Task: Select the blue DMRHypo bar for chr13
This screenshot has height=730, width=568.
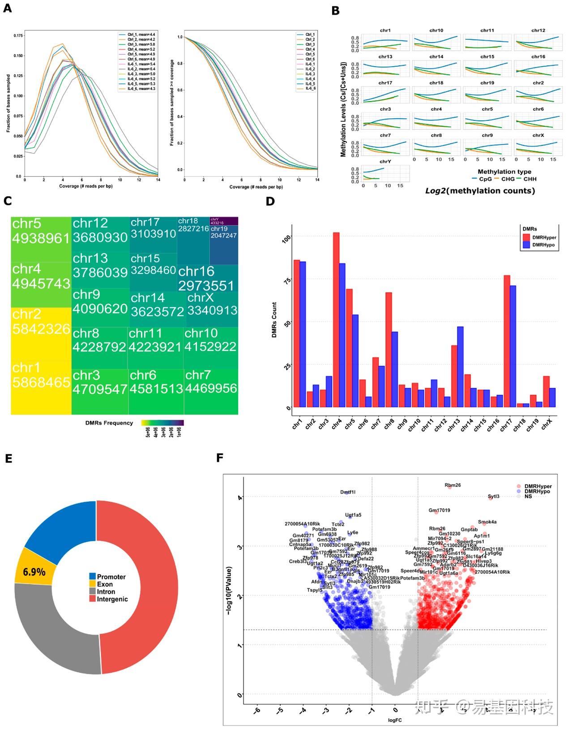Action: [x=460, y=367]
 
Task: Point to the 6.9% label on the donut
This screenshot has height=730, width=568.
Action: [x=34, y=572]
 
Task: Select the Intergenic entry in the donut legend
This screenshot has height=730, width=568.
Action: [x=112, y=599]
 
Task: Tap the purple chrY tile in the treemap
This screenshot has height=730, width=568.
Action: [x=224, y=221]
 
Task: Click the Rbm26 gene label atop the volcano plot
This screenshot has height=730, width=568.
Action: [x=453, y=485]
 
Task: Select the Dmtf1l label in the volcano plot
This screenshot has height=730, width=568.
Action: [x=348, y=492]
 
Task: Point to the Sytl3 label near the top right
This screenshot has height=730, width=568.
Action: [x=493, y=496]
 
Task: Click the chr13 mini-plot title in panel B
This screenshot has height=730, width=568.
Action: [x=385, y=57]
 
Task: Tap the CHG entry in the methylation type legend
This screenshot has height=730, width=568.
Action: [x=508, y=179]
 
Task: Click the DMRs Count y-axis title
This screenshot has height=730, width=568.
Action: [x=274, y=320]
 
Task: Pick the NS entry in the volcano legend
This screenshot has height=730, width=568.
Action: [x=528, y=496]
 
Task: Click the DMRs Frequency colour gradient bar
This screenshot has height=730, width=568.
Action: [x=162, y=423]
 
